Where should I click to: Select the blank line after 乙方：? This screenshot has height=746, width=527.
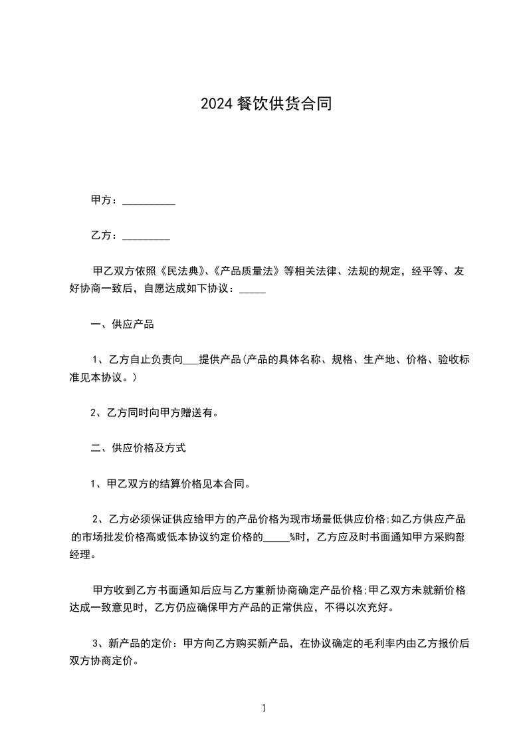pyautogui.click(x=146, y=236)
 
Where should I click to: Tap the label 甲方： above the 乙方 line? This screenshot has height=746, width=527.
pyautogui.click(x=105, y=200)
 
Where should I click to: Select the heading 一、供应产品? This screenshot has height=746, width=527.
pyautogui.click(x=122, y=325)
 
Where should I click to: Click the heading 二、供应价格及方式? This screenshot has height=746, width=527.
pyautogui.click(x=138, y=448)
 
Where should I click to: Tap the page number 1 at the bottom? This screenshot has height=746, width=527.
pyautogui.click(x=264, y=708)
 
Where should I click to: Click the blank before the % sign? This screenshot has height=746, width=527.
pyautogui.click(x=276, y=537)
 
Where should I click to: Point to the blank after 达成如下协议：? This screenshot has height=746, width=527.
pyautogui.click(x=252, y=290)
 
